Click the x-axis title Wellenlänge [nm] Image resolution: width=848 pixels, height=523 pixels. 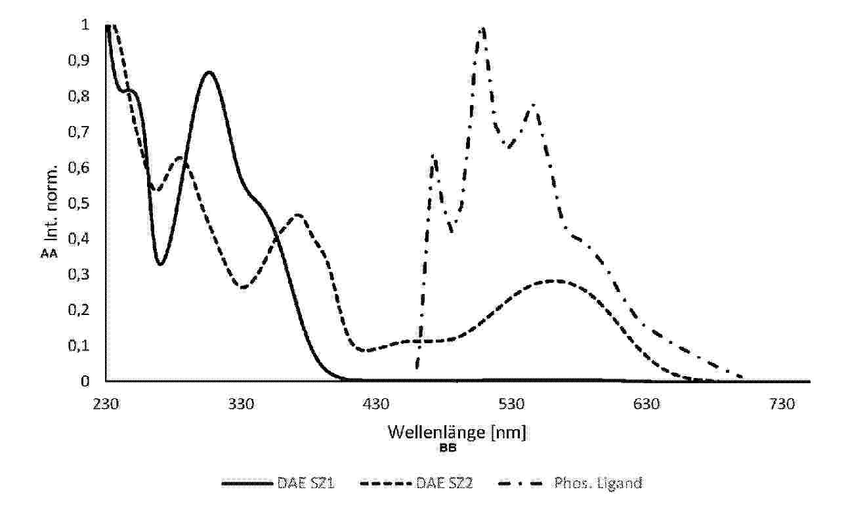(457, 433)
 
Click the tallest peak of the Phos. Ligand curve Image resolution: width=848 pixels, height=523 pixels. (483, 28)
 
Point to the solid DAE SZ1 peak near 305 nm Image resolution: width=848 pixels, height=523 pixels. (209, 72)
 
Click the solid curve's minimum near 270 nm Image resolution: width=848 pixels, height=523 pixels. (159, 264)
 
